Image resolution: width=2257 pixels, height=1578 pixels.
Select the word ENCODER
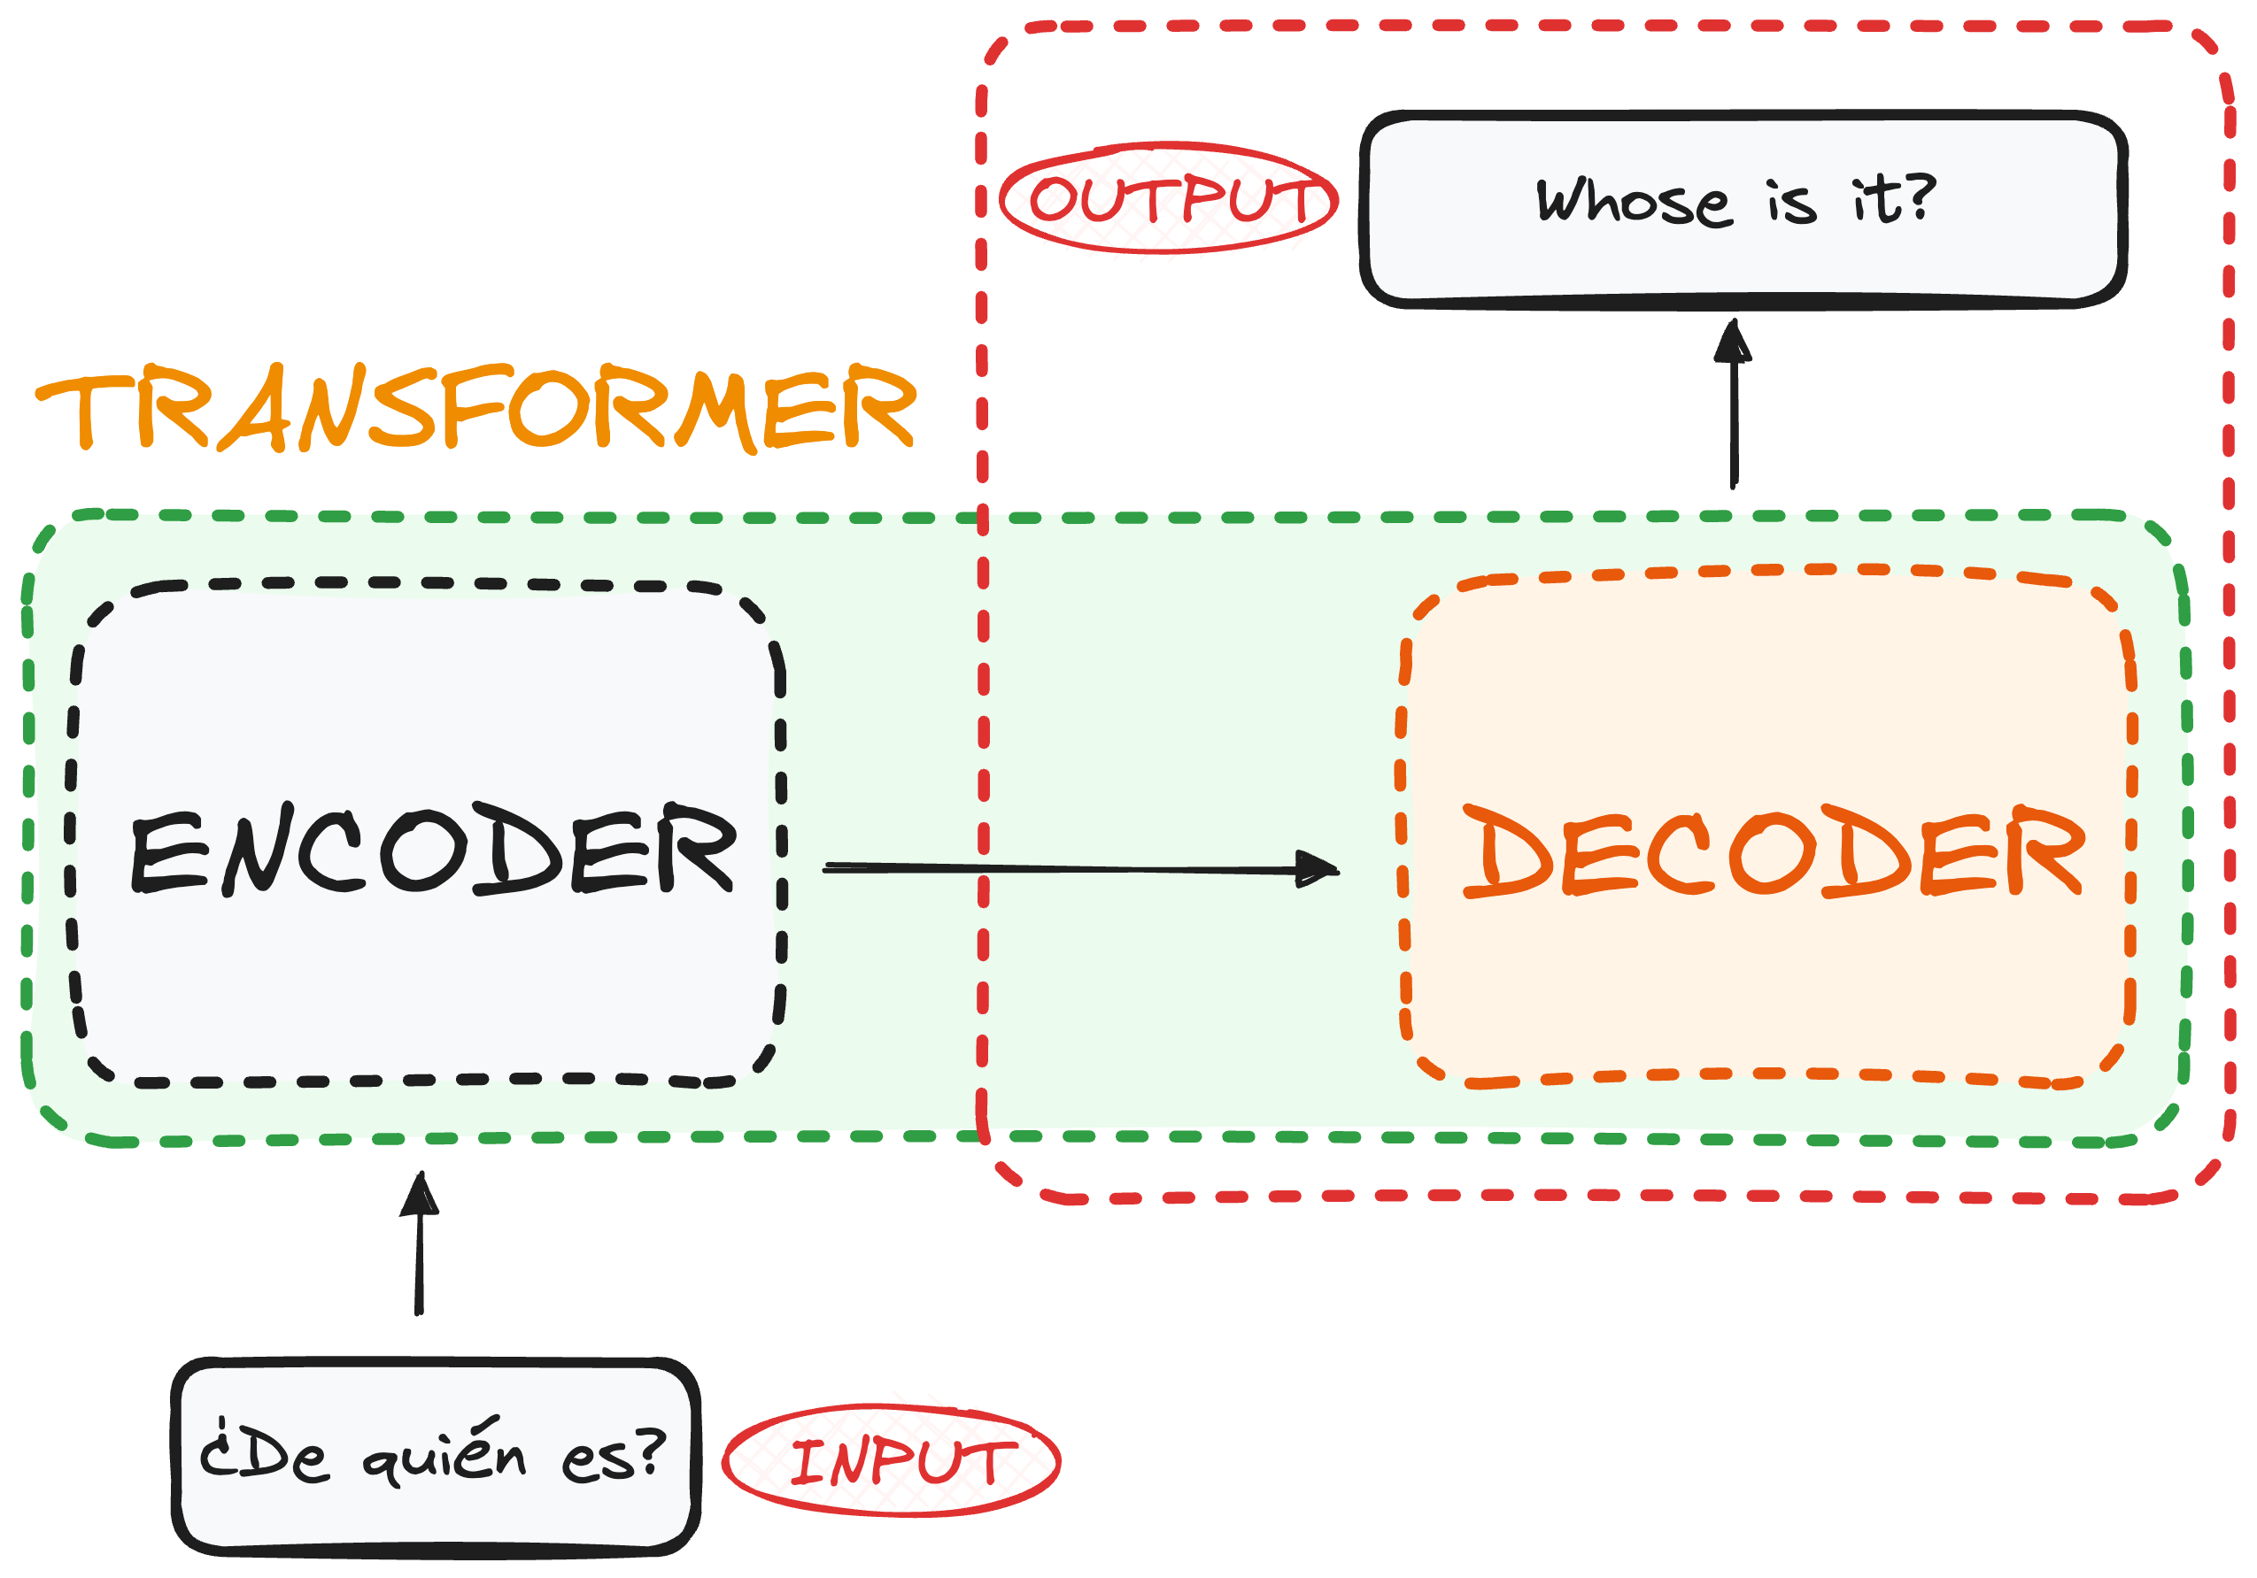(x=432, y=849)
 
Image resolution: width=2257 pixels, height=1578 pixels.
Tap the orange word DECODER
(x=1773, y=851)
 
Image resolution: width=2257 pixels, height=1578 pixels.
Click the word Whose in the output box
(x=1633, y=203)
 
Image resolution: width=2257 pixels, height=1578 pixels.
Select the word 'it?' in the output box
(x=1893, y=199)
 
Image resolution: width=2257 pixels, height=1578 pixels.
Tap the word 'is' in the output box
(x=1791, y=203)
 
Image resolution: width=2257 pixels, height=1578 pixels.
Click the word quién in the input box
(x=444, y=1453)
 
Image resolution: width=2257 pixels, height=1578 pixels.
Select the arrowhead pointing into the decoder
(x=1319, y=868)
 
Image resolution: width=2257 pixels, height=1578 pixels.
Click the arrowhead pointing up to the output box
(x=1732, y=342)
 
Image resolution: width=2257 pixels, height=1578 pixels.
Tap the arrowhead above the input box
(x=420, y=1195)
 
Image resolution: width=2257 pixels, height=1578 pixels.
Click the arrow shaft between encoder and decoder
(x=1062, y=867)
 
